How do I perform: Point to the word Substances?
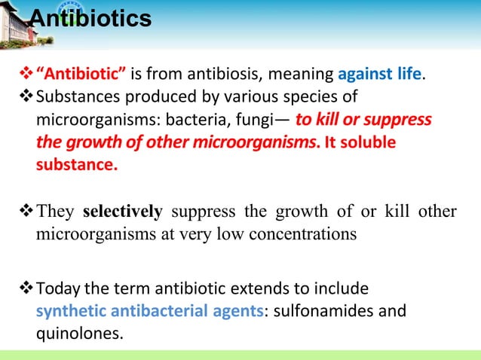76,98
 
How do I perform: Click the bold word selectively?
122,211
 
